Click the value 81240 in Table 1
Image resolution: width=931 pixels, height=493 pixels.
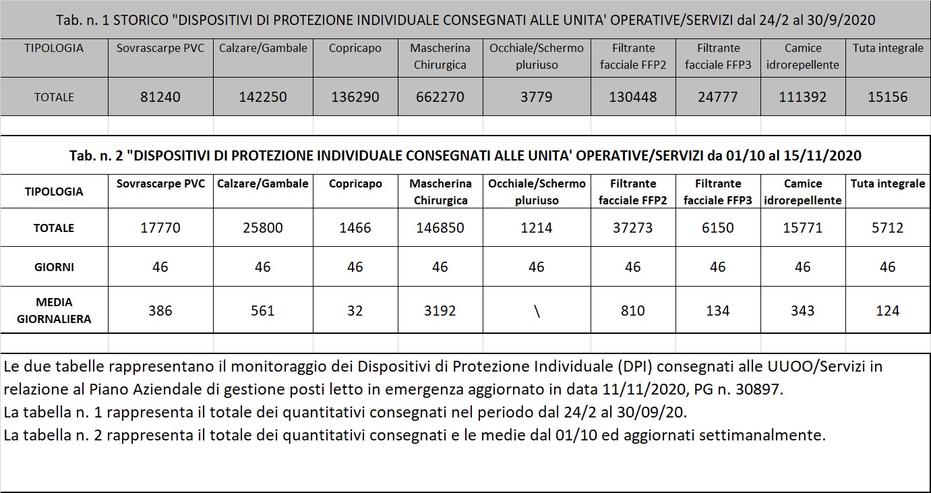(160, 97)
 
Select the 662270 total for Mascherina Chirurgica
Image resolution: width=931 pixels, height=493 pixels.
(440, 97)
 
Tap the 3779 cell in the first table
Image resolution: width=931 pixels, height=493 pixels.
(536, 97)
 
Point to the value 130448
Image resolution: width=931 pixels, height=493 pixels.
(632, 97)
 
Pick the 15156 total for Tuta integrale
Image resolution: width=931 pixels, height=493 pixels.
(887, 97)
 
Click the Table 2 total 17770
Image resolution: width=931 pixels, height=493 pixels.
(160, 228)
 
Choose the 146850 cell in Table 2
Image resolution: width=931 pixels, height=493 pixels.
(440, 228)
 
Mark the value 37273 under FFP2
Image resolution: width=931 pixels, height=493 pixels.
(632, 228)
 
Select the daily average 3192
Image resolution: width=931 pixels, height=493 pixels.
(440, 311)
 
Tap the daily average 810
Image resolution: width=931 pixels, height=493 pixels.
(632, 311)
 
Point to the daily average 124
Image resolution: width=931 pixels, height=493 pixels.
(887, 311)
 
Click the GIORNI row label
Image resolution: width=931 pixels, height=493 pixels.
(54, 267)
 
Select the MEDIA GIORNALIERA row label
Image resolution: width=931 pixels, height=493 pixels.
(54, 311)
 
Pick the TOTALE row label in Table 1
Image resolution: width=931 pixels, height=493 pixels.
(54, 97)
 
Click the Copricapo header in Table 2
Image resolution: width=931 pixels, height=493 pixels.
(355, 184)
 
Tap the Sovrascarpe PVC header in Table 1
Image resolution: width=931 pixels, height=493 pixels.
(160, 49)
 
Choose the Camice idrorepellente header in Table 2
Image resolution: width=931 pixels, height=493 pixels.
(802, 192)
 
